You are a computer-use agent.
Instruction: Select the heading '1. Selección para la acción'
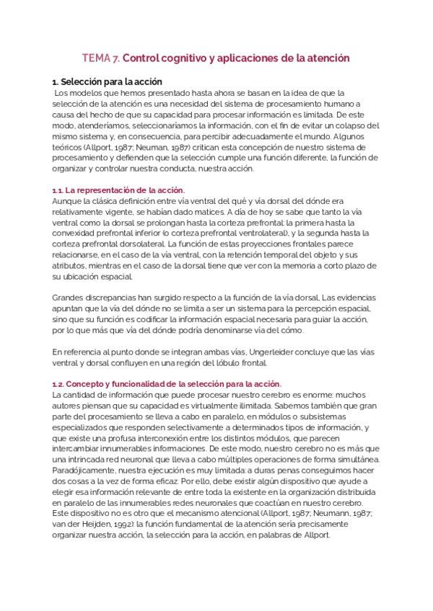pos(108,81)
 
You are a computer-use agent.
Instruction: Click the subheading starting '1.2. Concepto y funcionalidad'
pos(167,383)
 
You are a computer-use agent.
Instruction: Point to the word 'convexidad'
pos(79,233)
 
